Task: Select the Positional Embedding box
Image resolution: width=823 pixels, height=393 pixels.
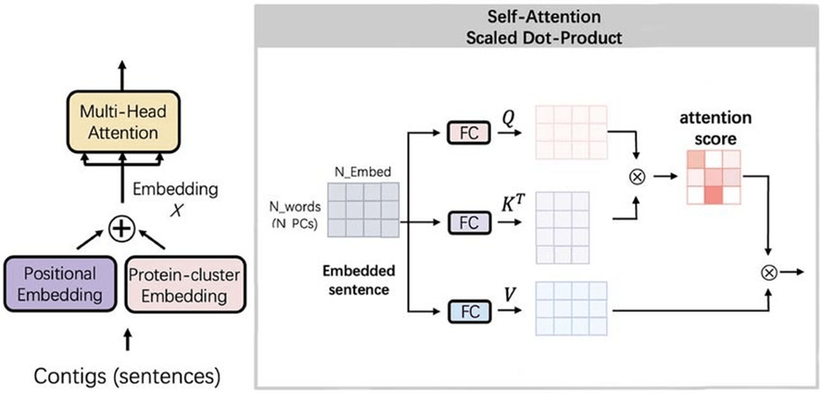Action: click(59, 285)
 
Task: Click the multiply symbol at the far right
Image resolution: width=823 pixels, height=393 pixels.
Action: click(769, 272)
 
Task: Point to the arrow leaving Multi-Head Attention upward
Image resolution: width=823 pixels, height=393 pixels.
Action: click(120, 73)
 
